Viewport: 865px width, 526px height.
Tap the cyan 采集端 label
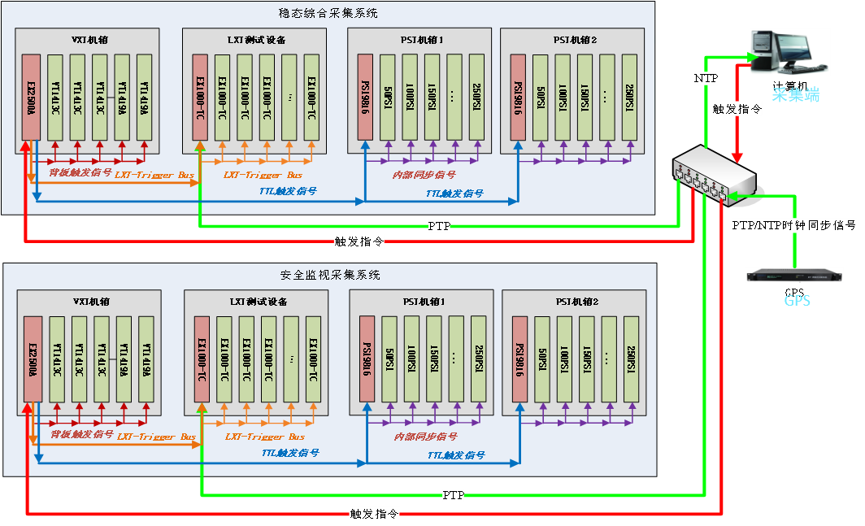tap(795, 94)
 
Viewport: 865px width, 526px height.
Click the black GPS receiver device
tap(794, 275)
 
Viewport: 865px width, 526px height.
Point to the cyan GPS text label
tap(797, 301)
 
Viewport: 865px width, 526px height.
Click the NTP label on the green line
tap(705, 78)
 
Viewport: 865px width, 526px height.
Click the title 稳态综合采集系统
tap(328, 13)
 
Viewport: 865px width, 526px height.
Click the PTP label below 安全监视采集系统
tap(453, 494)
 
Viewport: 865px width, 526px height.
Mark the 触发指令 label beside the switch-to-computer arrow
tap(737, 109)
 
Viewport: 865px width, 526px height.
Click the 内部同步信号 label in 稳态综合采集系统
tap(424, 174)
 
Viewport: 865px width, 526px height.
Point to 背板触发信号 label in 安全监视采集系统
tap(81, 435)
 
